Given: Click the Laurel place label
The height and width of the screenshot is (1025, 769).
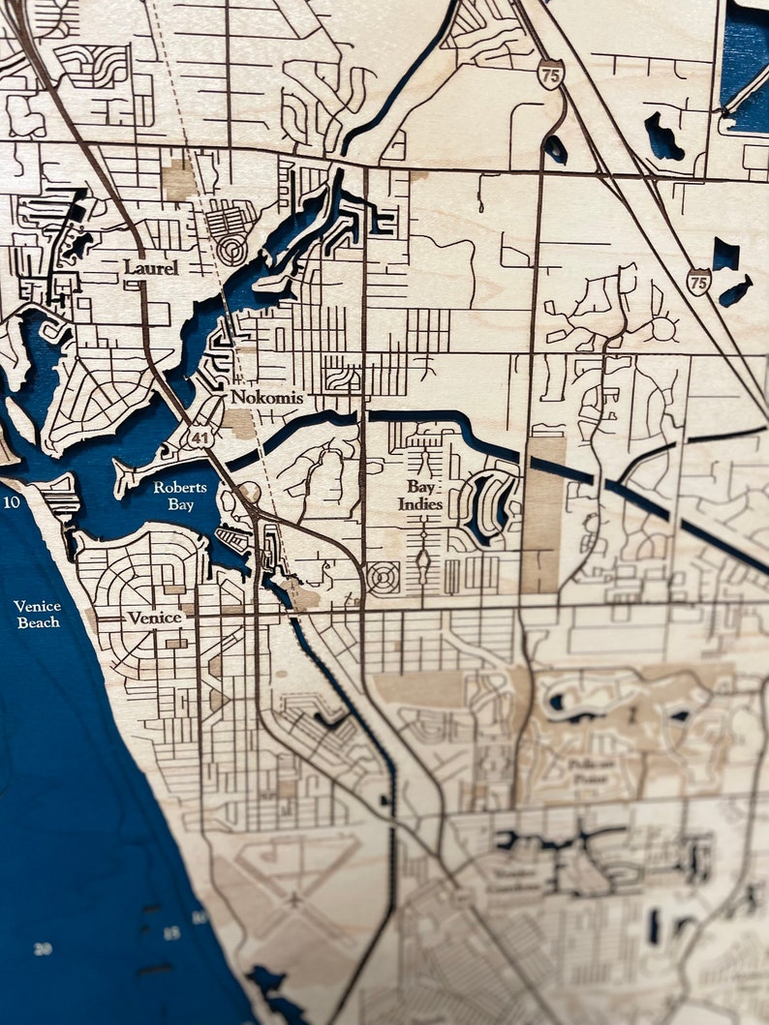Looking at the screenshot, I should [150, 267].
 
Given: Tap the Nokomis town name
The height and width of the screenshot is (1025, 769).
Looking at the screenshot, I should [266, 398].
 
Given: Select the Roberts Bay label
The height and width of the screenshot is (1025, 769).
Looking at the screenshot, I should [173, 497].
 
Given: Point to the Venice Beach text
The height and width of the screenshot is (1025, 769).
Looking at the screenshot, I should [38, 614].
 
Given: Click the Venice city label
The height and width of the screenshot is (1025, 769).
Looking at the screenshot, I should [154, 618].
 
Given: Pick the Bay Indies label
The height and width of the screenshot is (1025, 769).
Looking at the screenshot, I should [420, 497].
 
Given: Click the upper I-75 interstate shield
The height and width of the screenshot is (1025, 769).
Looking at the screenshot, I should [551, 74].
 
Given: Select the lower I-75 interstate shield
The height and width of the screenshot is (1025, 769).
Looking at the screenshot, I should [698, 282].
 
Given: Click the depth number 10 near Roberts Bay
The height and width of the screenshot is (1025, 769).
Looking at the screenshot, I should [12, 502].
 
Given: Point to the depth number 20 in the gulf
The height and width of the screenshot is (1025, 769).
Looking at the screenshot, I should [42, 949].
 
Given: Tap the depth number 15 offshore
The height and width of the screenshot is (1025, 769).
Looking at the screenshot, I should [170, 933].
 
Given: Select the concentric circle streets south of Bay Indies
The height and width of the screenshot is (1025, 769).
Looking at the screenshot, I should [384, 578].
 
